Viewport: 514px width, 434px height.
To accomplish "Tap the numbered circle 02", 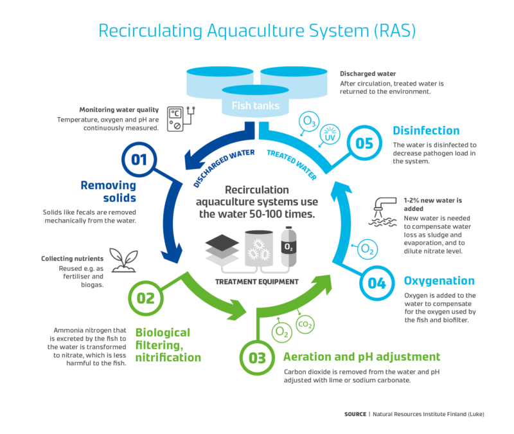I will pyautogui.click(x=146, y=298).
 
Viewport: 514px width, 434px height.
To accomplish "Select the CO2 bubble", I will pyautogui.click(x=305, y=325).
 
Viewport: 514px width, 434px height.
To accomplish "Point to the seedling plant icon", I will pyautogui.click(x=122, y=259).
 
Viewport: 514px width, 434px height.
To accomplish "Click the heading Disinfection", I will pyautogui.click(x=426, y=131).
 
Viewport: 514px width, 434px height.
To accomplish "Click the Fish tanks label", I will pyautogui.click(x=255, y=105).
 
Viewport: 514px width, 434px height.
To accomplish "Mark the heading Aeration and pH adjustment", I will pyautogui.click(x=362, y=356).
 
